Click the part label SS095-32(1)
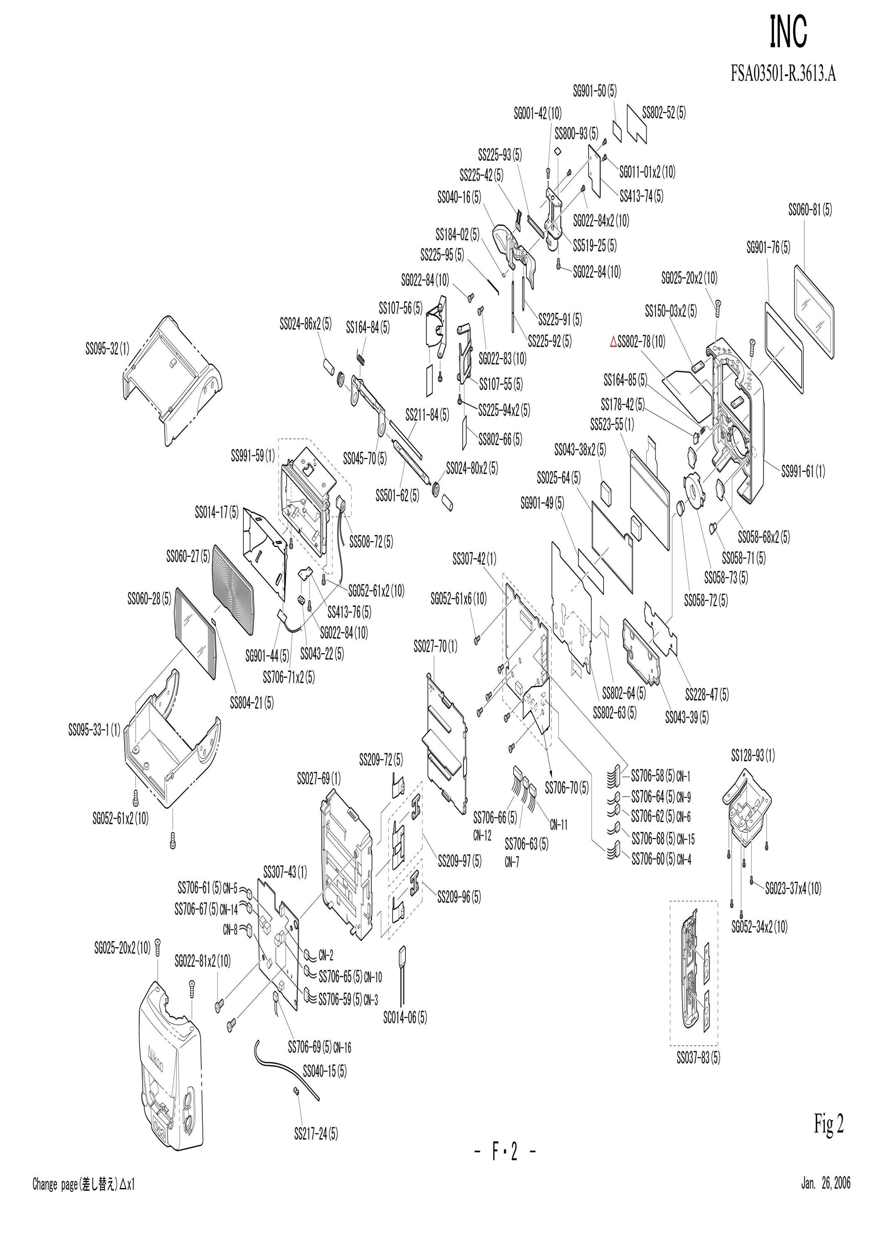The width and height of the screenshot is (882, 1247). tap(108, 349)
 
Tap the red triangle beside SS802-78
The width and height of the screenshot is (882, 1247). tap(614, 342)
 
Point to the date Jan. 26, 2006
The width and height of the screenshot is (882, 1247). tap(825, 1225)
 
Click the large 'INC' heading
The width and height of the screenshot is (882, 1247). tap(788, 32)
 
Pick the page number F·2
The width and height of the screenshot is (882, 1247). tap(505, 1167)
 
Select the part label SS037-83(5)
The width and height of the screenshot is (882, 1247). tap(699, 1057)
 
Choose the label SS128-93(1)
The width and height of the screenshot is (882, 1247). tap(753, 755)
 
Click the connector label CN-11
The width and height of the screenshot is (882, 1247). tap(559, 825)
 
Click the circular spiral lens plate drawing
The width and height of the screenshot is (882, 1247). tap(232, 589)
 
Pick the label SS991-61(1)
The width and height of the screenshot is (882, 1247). tap(803, 472)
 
